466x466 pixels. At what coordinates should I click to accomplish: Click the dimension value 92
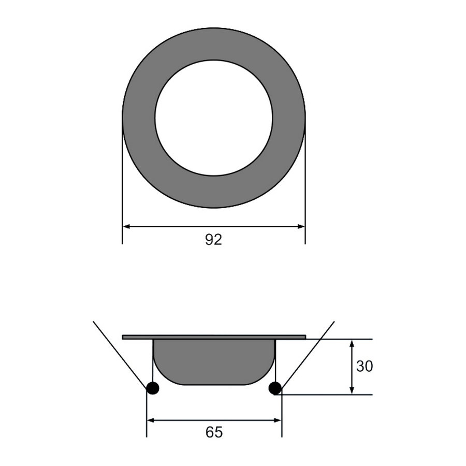point(213,240)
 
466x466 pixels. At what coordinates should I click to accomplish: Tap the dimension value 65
point(214,432)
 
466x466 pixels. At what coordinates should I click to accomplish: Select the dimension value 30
point(365,367)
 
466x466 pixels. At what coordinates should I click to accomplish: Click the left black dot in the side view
point(153,388)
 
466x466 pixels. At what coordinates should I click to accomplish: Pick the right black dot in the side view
point(275,388)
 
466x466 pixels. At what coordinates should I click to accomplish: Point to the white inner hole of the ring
point(213,118)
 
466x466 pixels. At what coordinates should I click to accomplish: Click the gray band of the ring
point(138,118)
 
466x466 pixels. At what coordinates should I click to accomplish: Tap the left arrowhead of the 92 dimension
point(126,226)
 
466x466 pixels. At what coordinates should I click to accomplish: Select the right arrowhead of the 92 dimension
point(301,226)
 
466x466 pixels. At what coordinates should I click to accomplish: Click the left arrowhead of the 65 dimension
point(151,420)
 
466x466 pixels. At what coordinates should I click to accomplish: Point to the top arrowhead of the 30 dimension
point(352,343)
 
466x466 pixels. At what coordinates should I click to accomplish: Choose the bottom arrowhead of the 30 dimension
point(352,391)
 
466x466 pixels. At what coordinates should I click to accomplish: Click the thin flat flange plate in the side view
point(214,337)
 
